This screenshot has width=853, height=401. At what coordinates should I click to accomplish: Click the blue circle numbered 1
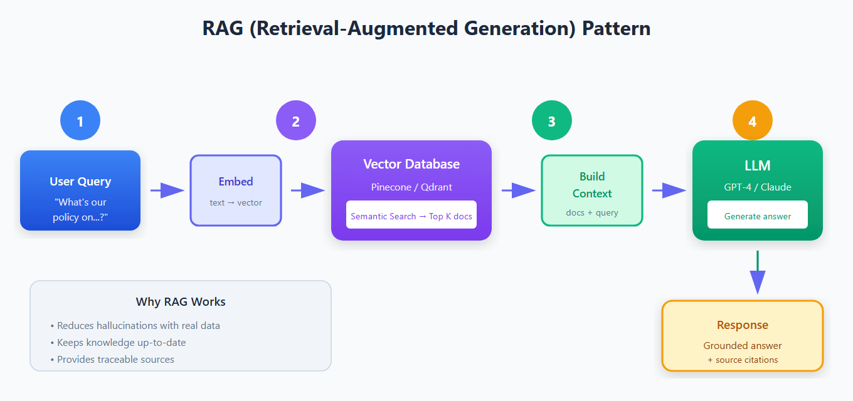click(x=80, y=120)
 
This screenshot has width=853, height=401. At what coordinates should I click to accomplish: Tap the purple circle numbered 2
click(x=296, y=120)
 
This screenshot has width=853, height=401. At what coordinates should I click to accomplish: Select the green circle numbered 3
click(x=552, y=120)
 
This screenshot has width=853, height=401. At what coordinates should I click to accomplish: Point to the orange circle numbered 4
click(x=753, y=120)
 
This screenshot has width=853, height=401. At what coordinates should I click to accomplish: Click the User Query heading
click(x=80, y=182)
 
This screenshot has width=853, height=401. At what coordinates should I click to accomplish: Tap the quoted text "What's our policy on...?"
click(x=80, y=209)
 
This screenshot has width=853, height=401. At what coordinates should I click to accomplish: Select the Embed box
click(x=236, y=190)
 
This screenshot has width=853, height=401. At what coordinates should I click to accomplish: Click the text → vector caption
click(x=236, y=202)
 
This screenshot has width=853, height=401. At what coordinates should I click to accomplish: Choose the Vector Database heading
click(x=411, y=164)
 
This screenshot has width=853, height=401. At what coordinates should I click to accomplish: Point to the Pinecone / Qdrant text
click(x=411, y=187)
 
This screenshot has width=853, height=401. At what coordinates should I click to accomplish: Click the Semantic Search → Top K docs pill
click(x=411, y=216)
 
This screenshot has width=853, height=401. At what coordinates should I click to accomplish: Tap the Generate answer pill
click(x=758, y=216)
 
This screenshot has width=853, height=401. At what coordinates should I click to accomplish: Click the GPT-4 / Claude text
click(x=758, y=187)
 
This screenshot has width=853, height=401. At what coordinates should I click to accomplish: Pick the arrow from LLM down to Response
click(x=758, y=272)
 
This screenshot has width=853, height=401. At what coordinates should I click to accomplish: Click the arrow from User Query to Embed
click(x=167, y=190)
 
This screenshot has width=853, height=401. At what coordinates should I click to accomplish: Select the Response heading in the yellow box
click(x=743, y=325)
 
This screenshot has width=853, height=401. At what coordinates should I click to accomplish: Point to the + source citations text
click(x=743, y=360)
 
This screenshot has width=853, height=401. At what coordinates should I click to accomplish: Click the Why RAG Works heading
click(x=181, y=302)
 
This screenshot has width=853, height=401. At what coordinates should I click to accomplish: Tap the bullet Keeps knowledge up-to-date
click(x=121, y=343)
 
